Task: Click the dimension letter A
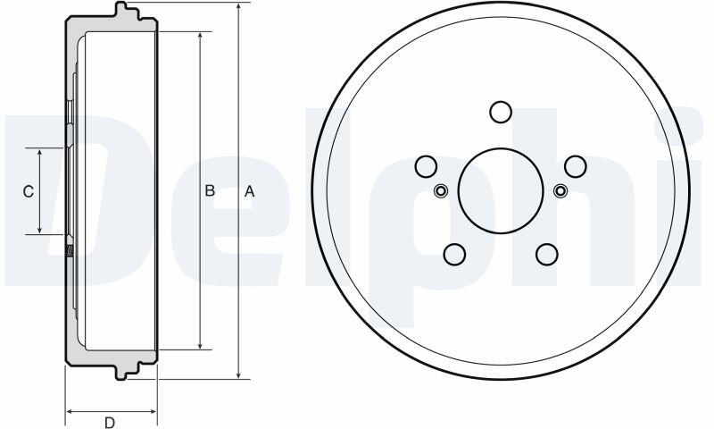click(x=250, y=191)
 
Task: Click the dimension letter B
click(x=210, y=190)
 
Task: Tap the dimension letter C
click(x=29, y=191)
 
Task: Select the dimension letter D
click(x=110, y=423)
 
